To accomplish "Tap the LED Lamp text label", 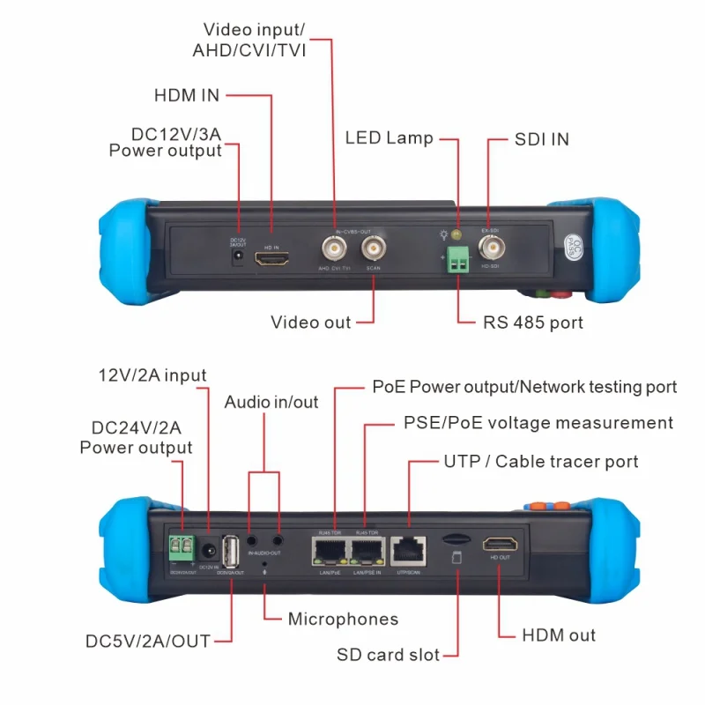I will (x=389, y=138).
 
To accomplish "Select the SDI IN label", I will (x=541, y=139).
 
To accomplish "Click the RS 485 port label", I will (x=532, y=323).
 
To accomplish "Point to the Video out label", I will (x=310, y=323).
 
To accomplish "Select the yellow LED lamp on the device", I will (x=456, y=234).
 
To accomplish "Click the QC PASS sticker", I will (x=573, y=241).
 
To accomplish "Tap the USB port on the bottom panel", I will (x=232, y=553).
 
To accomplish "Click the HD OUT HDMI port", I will (x=499, y=544).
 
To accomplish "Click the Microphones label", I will (x=343, y=620).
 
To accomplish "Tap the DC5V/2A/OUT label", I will (x=148, y=641).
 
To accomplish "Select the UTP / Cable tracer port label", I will (x=540, y=462).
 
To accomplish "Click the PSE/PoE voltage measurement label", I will (x=538, y=424).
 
